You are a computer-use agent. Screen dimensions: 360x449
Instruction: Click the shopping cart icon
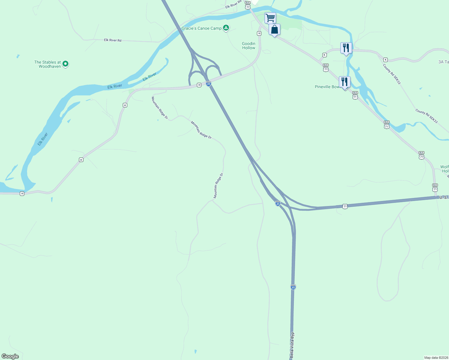coord(270,18)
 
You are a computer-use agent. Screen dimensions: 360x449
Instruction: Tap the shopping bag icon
coord(274,29)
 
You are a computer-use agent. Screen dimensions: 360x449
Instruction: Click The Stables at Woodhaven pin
coord(65,64)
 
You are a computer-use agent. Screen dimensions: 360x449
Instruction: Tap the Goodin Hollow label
coord(249,46)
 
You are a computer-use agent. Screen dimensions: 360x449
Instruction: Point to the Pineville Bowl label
coord(327,87)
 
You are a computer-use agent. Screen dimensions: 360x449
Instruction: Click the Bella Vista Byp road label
coord(292,345)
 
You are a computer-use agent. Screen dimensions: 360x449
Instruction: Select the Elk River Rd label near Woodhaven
coord(113,40)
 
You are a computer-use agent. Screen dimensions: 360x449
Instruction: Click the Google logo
coord(10,356)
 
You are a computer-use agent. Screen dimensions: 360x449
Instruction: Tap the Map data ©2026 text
coord(436,358)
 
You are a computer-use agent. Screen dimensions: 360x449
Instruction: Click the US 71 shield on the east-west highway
coord(345,206)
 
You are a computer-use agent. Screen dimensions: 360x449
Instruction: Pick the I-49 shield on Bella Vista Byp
coord(293,287)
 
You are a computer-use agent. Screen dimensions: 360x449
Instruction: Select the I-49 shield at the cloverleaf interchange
coord(209,84)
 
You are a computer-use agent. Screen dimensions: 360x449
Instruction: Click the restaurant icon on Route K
coord(346,48)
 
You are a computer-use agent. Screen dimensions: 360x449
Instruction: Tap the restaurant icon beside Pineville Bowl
coord(345,82)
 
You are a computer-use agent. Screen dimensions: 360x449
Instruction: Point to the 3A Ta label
coord(443,62)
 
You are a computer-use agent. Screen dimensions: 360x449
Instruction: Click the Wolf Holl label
coord(444,169)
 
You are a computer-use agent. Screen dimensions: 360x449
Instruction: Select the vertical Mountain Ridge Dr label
coord(218,185)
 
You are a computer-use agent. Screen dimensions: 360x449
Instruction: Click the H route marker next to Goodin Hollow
coord(259,33)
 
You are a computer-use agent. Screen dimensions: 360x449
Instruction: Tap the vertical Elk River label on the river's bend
coord(43,139)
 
